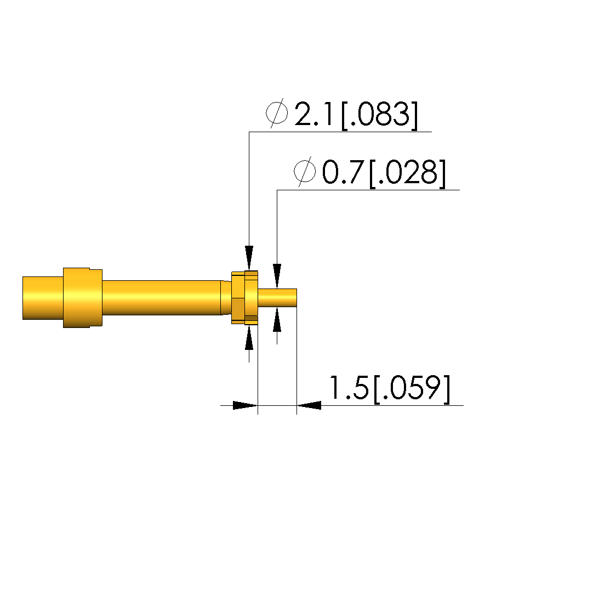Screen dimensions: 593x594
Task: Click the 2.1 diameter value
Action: pos(313,114)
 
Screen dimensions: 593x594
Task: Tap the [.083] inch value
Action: pos(380,115)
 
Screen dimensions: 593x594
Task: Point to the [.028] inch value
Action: pos(408,173)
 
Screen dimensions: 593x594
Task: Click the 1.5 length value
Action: pos(349,388)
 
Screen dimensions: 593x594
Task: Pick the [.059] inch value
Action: pos(412,389)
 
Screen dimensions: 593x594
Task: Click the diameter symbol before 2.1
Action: pos(277,113)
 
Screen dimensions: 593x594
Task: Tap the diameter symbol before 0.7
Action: pos(305,171)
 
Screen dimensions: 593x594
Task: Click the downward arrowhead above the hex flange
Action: pos(249,258)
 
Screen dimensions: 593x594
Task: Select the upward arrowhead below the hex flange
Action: pos(249,337)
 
